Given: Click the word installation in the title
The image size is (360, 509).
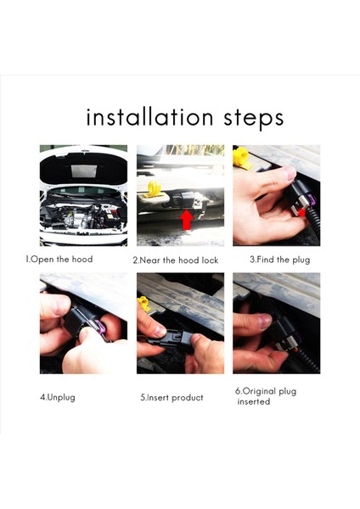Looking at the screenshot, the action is [x=149, y=117].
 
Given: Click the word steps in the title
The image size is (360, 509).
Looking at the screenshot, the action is [x=253, y=119].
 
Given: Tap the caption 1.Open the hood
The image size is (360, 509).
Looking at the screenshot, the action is [x=59, y=260].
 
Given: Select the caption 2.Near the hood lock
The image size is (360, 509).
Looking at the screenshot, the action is [x=176, y=260].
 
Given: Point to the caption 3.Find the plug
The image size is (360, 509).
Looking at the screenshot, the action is [x=279, y=260].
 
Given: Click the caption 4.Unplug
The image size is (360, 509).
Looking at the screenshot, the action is [x=58, y=397].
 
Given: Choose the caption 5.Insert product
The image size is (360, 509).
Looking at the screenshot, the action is [x=172, y=398].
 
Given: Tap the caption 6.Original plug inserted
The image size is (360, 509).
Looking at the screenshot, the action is [x=266, y=396].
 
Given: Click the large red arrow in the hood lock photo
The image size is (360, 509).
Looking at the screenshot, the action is [x=186, y=220].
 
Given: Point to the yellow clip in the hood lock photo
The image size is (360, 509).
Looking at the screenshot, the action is [x=154, y=190].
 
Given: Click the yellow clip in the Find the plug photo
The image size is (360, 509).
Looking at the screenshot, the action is [x=242, y=158].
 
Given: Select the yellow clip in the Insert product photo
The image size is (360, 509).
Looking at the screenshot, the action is [x=144, y=304].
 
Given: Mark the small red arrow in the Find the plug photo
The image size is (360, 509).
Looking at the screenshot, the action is [x=302, y=212].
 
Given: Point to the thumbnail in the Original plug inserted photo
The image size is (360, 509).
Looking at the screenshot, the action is [x=265, y=321].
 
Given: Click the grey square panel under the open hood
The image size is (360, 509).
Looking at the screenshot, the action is [x=83, y=171].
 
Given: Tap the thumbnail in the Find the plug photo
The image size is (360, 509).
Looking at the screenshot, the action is [x=289, y=174].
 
